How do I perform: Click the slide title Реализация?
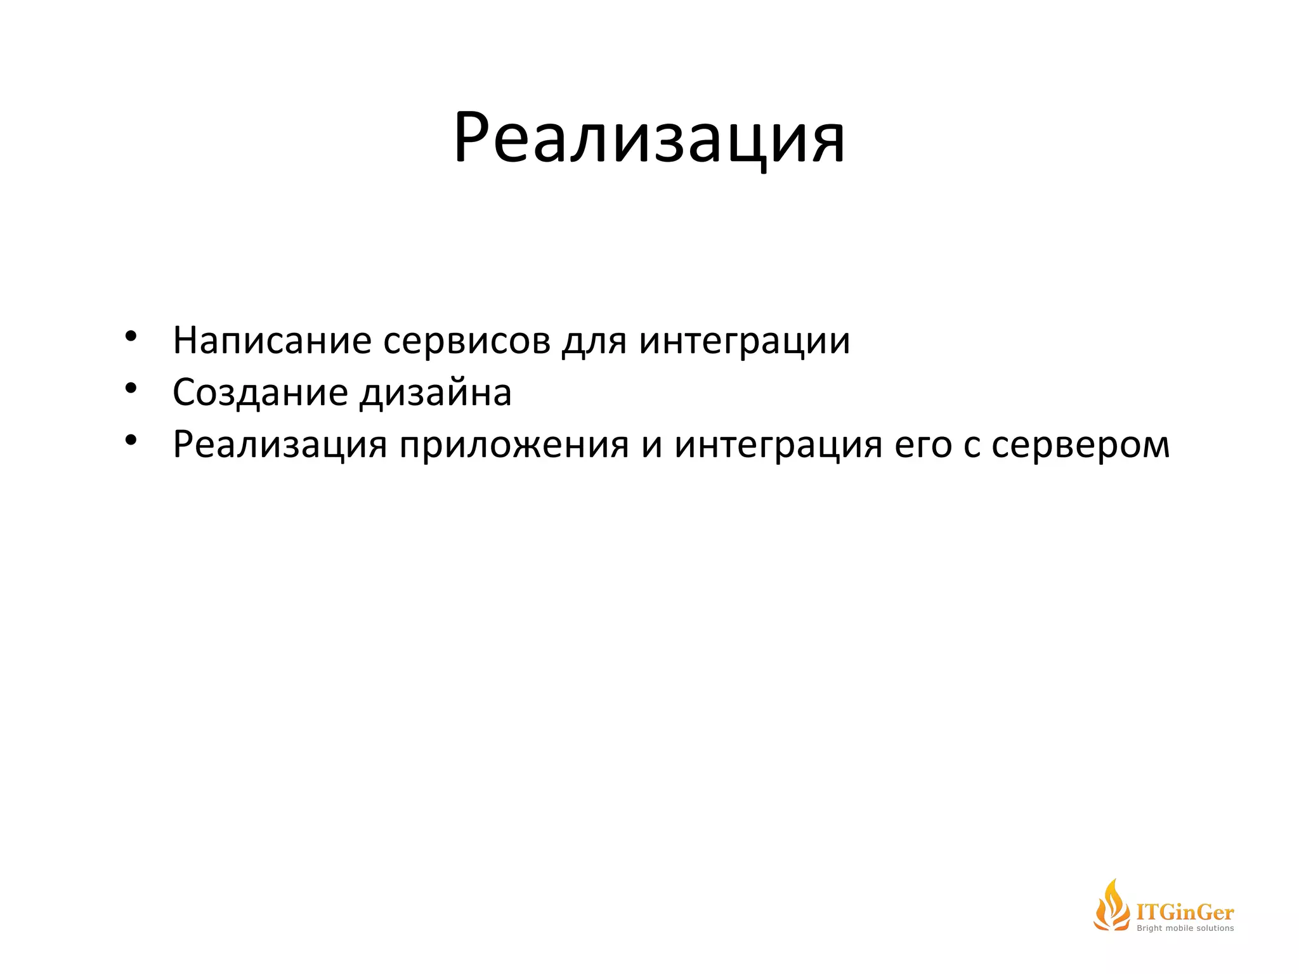pos(649,138)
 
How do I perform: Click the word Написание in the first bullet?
pos(272,341)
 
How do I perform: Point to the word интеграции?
pos(745,341)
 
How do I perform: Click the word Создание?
pos(260,393)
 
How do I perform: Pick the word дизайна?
pos(436,393)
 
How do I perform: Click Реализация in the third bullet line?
pos(280,445)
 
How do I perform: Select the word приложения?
pos(514,445)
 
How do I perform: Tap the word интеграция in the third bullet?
pos(778,445)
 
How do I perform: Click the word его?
pos(923,445)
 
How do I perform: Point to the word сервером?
pos(1080,445)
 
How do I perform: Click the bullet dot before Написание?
pos(131,336)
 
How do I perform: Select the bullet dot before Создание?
pos(131,388)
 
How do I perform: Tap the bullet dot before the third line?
pos(131,440)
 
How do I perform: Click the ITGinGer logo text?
pos(1185,912)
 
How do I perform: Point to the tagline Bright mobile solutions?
pos(1185,928)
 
